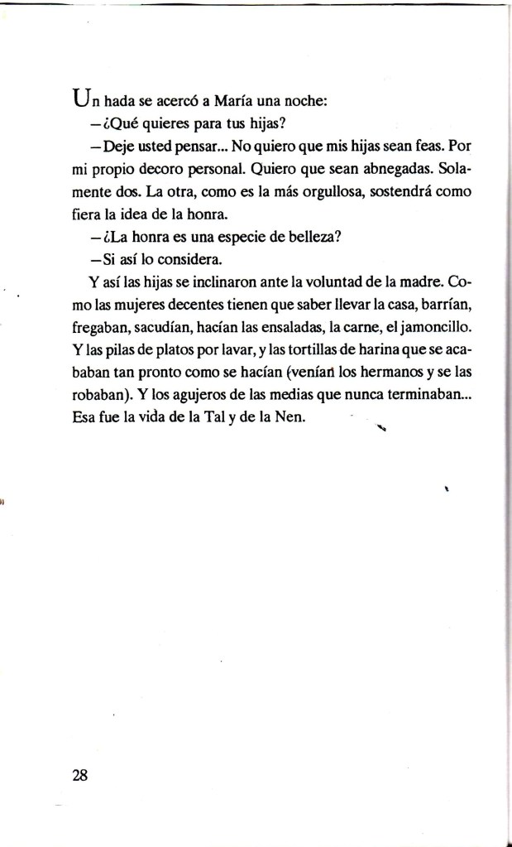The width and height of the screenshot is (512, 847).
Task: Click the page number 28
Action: point(80,776)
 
